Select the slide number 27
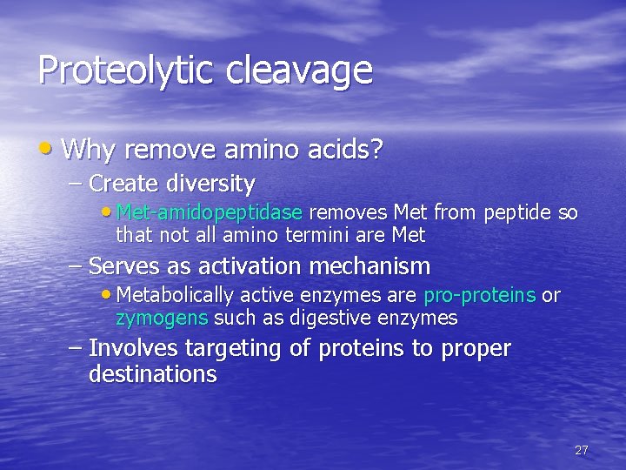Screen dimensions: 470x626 [582, 450]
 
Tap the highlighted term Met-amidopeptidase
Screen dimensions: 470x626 [209, 212]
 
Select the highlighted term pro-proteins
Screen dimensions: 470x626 [479, 296]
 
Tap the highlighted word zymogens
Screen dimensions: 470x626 [162, 318]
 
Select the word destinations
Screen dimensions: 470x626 [152, 375]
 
